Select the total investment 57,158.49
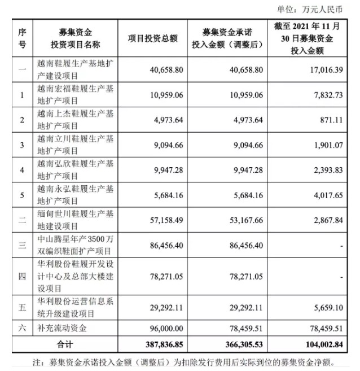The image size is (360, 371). point(160,220)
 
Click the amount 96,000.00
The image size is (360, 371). point(160,328)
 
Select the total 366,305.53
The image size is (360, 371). point(238,343)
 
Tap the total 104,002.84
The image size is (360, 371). point(326,343)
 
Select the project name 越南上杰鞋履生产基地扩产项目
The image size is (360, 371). point(76,120)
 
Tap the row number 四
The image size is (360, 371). point(22,277)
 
